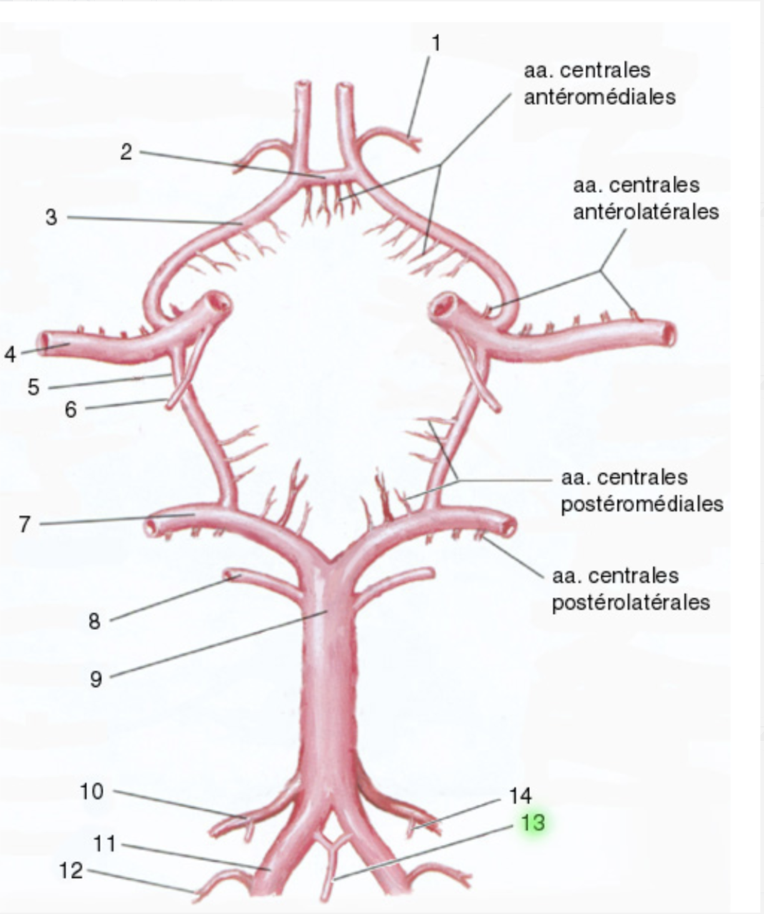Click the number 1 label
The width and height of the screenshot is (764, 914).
pos(436,44)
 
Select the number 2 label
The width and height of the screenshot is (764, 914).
pos(126,152)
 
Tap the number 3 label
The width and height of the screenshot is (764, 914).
pos(51,217)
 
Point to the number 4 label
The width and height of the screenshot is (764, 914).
pos(10,354)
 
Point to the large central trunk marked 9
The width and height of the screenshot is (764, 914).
pos(328,679)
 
